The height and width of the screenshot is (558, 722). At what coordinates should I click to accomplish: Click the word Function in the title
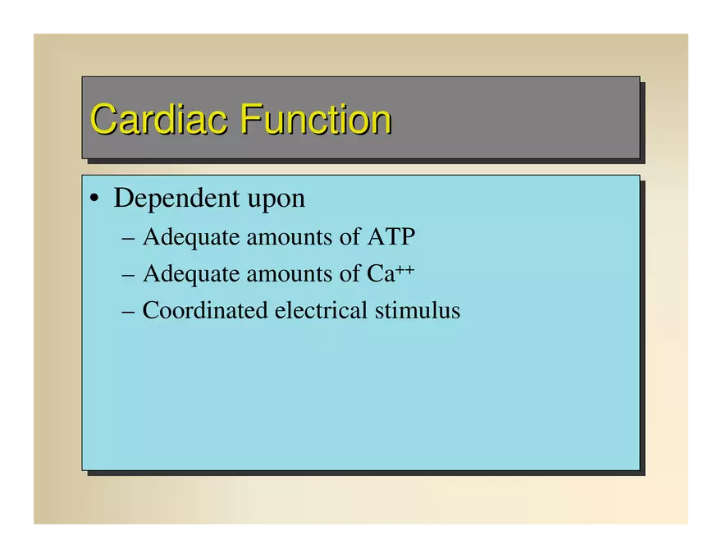(315, 120)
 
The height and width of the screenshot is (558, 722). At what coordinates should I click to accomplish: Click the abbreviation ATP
(391, 237)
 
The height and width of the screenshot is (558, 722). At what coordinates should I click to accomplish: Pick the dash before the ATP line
(127, 238)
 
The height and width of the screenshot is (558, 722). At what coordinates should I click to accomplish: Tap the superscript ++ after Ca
(405, 268)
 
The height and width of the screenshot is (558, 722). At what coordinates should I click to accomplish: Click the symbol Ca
(380, 274)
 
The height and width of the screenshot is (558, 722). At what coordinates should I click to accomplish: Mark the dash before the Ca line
(127, 275)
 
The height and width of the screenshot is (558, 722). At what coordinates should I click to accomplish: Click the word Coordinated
(205, 311)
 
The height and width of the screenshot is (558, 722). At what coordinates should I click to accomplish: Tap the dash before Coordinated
(127, 312)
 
